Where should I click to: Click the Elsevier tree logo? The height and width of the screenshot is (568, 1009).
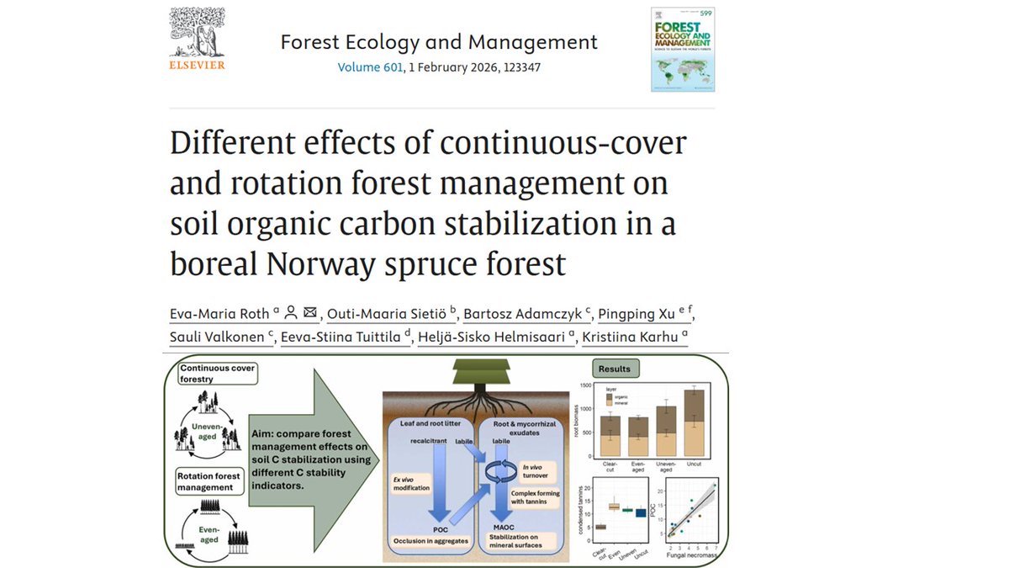click(197, 34)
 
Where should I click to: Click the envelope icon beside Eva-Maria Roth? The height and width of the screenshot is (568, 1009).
click(310, 313)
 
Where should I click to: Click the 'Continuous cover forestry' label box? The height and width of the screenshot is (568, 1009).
click(216, 373)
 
